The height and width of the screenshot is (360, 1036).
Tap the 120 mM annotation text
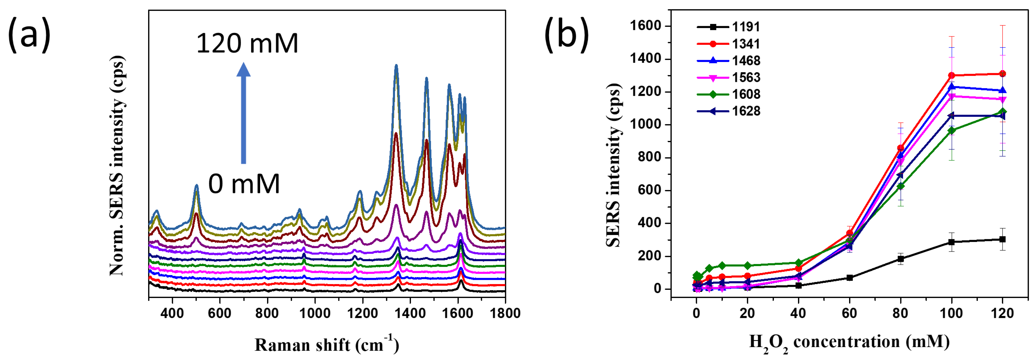click(x=247, y=43)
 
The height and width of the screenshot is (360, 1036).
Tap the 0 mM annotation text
click(x=244, y=184)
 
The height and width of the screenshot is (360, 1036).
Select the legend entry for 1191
click(x=729, y=27)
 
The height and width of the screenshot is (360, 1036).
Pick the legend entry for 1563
click(x=729, y=77)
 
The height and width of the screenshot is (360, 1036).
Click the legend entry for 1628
click(x=729, y=111)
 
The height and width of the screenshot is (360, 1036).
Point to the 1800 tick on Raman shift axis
click(x=505, y=313)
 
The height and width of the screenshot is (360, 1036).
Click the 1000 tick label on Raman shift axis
click(x=315, y=313)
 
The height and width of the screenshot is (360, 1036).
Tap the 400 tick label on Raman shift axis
click(x=172, y=313)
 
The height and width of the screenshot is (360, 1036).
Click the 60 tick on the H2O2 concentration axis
click(x=849, y=313)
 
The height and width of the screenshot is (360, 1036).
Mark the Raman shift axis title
click(x=327, y=344)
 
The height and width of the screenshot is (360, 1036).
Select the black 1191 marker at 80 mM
click(x=901, y=259)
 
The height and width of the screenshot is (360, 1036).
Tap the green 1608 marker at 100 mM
click(x=952, y=130)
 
